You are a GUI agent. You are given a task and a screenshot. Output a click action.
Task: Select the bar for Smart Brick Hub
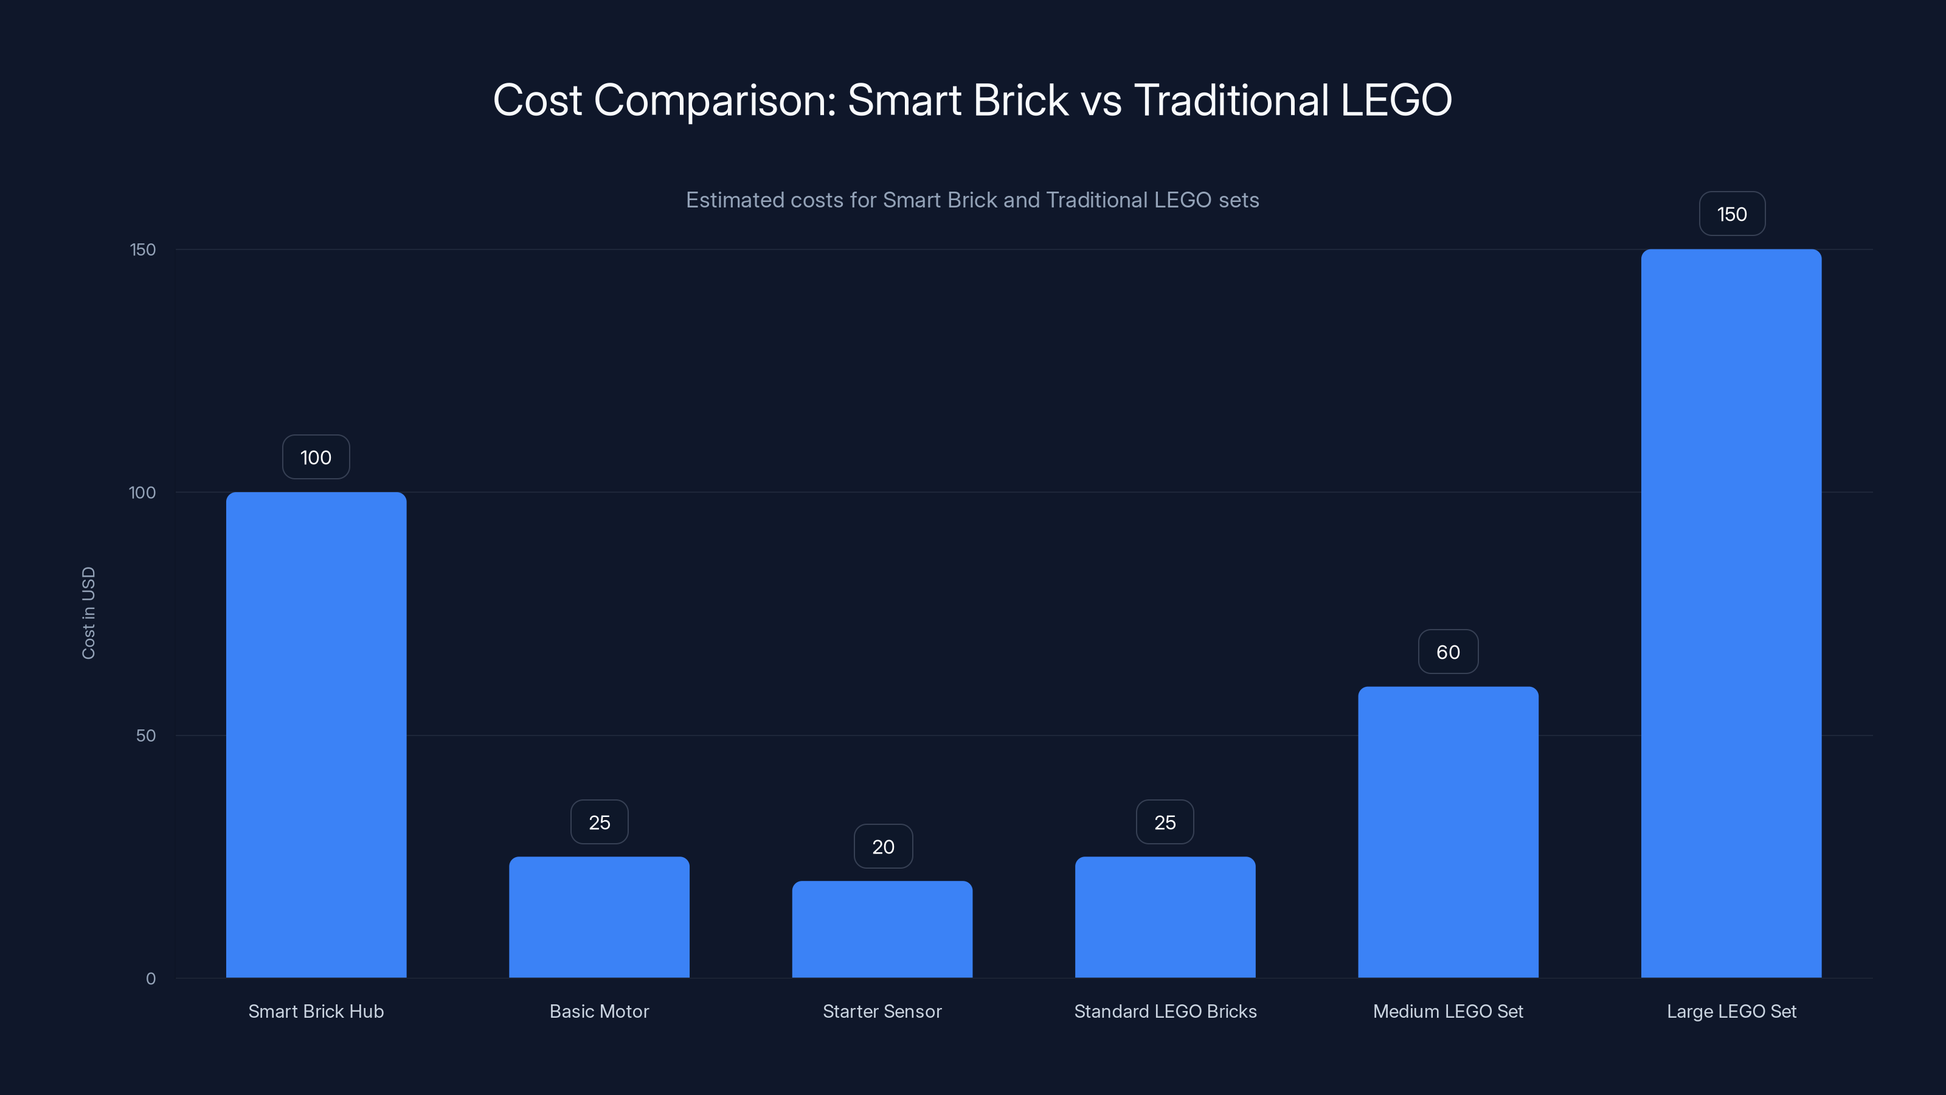[x=316, y=734]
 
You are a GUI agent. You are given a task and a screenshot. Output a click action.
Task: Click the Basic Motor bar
[x=599, y=917]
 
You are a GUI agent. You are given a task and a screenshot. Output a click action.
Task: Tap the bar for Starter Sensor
[x=882, y=929]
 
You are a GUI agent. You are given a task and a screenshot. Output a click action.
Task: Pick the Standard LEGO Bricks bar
[x=1165, y=917]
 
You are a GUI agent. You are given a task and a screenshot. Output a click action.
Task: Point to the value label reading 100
[x=316, y=457]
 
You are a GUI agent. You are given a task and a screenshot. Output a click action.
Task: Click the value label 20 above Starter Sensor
[x=882, y=846]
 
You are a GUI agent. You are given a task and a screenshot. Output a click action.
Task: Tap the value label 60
[x=1447, y=652]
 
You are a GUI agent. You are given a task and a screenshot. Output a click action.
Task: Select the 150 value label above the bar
[x=1731, y=214]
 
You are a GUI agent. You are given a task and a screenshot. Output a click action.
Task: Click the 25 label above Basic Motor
[x=599, y=822]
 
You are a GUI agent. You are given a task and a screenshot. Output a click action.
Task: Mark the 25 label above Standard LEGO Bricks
[x=1165, y=822]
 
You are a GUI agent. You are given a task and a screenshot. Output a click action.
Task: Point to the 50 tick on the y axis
[x=145, y=735]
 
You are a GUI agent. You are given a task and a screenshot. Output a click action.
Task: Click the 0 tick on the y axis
[x=150, y=979]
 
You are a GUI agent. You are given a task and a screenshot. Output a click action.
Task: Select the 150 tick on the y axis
[x=143, y=249]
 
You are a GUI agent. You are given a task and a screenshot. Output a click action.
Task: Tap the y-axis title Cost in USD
[x=88, y=613]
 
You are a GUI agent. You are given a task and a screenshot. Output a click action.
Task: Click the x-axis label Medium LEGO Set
[x=1447, y=1011]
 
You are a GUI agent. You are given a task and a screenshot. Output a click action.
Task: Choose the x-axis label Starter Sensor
[x=882, y=1011]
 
